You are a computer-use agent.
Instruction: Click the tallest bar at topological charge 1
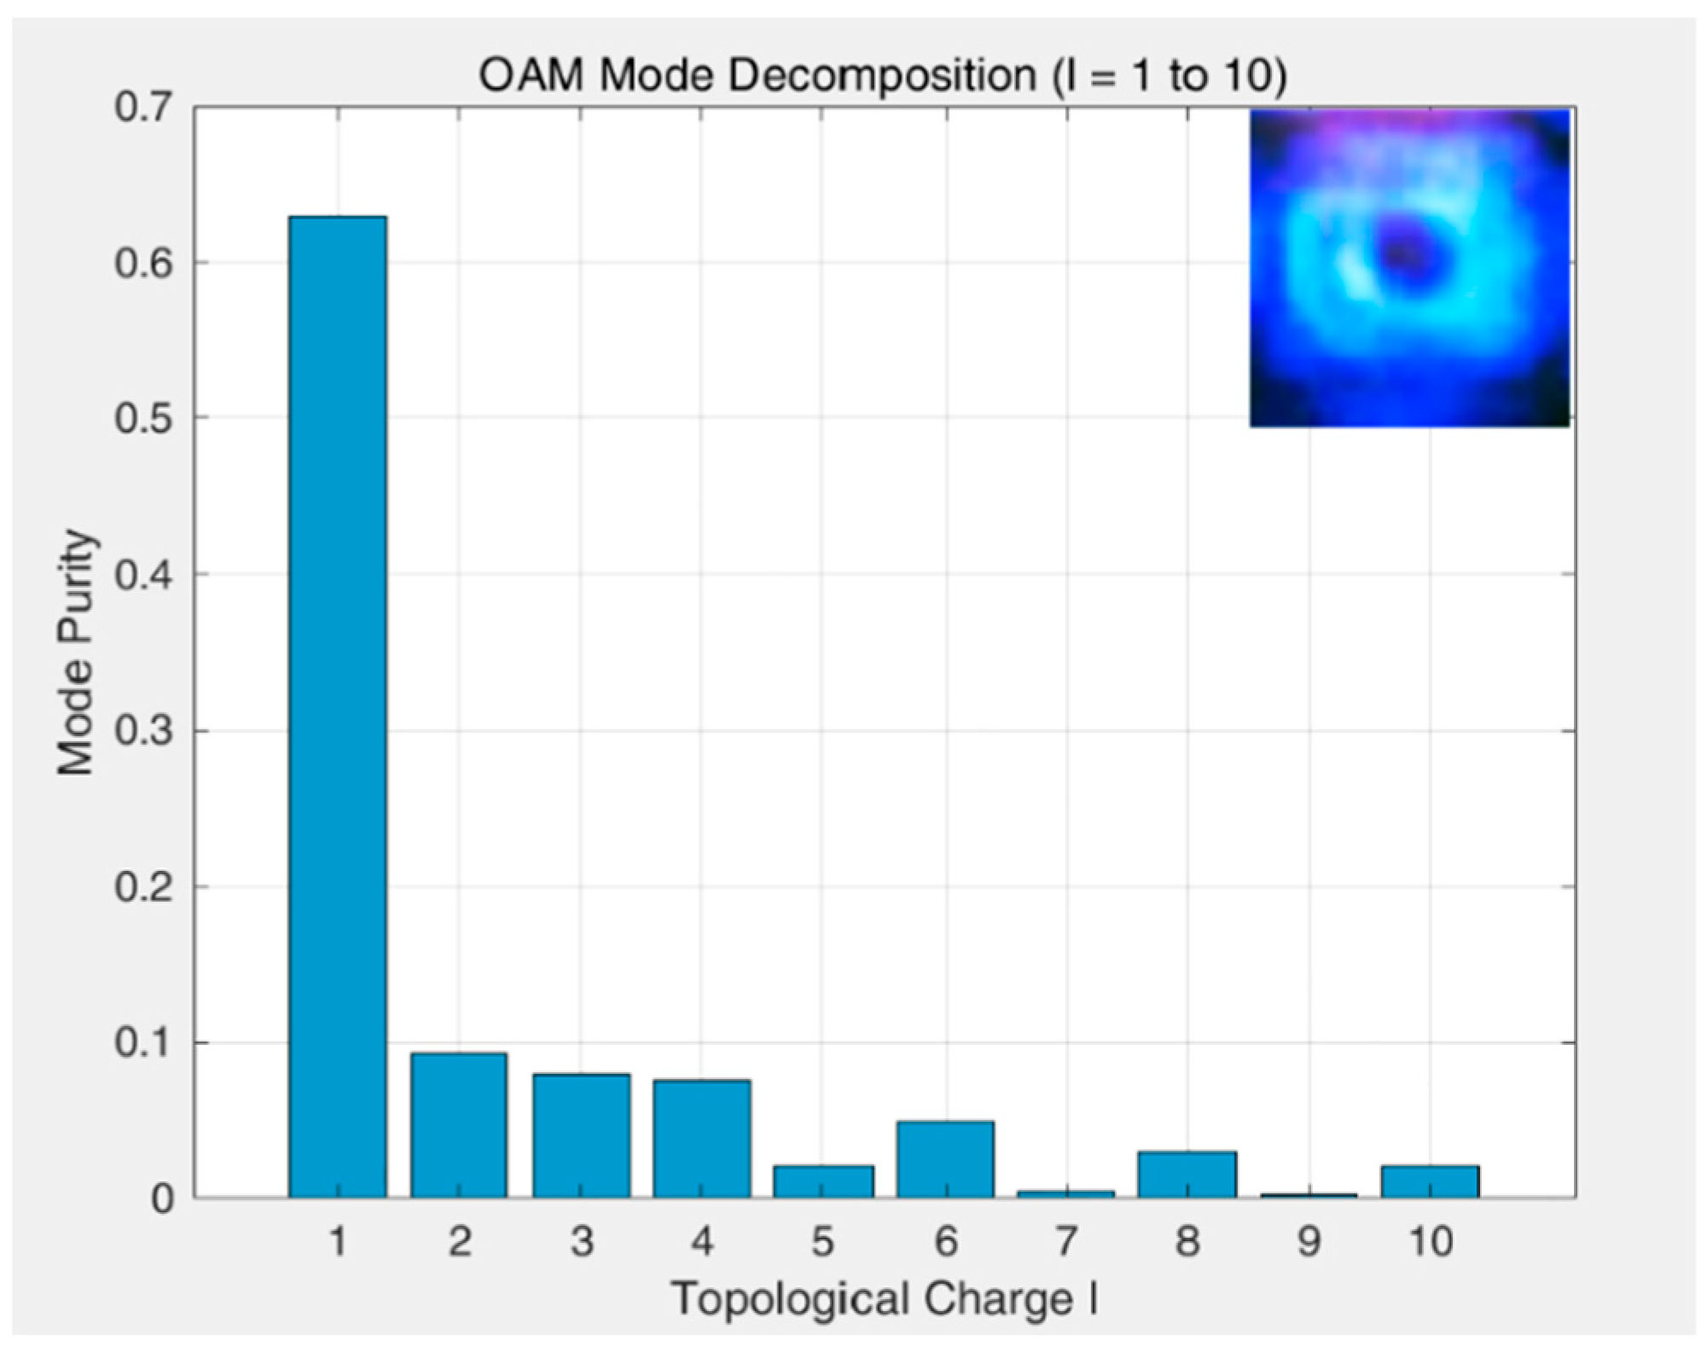338,708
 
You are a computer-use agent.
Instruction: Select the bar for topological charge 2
459,1126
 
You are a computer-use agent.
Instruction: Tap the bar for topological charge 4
702,1140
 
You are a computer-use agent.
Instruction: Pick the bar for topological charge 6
945,1160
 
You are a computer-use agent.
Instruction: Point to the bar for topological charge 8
1187,1175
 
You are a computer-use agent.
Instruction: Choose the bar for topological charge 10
1431,1182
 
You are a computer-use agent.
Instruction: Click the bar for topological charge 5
823,1182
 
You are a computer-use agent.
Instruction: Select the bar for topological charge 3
581,1136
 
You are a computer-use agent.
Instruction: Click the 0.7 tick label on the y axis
142,108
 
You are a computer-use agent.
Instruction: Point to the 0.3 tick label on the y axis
142,732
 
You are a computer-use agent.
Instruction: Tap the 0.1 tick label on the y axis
142,1043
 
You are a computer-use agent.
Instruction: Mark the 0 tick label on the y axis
162,1199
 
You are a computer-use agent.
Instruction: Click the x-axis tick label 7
1066,1242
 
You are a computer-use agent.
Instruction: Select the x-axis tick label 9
1309,1242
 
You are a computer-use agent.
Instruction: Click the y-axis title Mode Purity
75,653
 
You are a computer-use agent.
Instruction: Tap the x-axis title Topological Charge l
884,1301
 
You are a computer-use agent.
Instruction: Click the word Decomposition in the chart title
882,77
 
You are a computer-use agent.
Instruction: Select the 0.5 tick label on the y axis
142,420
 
